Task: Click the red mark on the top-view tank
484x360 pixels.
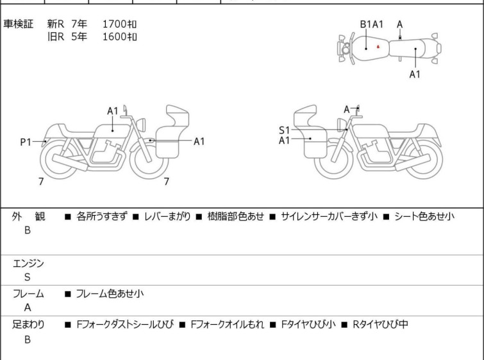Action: pyautogui.click(x=378, y=47)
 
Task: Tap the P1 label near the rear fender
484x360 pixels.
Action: pyautogui.click(x=26, y=142)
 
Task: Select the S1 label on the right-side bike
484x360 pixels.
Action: pyautogui.click(x=284, y=130)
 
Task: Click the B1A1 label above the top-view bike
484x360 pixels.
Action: pyautogui.click(x=372, y=24)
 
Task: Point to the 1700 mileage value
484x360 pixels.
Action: pyautogui.click(x=119, y=24)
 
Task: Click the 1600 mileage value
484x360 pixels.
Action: pyautogui.click(x=119, y=37)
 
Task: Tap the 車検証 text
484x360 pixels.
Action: pyautogui.click(x=18, y=24)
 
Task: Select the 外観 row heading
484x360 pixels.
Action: pyautogui.click(x=28, y=216)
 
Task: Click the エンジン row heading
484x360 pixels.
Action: pyautogui.click(x=28, y=263)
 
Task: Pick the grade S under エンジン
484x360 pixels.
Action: pyautogui.click(x=28, y=277)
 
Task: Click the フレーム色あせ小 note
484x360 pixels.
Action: pyautogui.click(x=110, y=293)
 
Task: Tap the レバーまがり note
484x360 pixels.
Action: pyautogui.click(x=167, y=216)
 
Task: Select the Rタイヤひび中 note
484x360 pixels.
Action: pyautogui.click(x=380, y=324)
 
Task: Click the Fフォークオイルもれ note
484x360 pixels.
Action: pyautogui.click(x=228, y=324)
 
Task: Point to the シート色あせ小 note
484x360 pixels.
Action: pyautogui.click(x=424, y=216)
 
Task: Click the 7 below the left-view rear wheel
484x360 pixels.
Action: pyautogui.click(x=41, y=182)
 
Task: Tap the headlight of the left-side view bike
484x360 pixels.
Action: pyautogui.click(x=141, y=124)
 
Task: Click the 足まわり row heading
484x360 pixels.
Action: pyautogui.click(x=28, y=325)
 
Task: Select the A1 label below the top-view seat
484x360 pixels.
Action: pyautogui.click(x=415, y=74)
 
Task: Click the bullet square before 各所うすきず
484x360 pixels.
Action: pyautogui.click(x=68, y=217)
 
